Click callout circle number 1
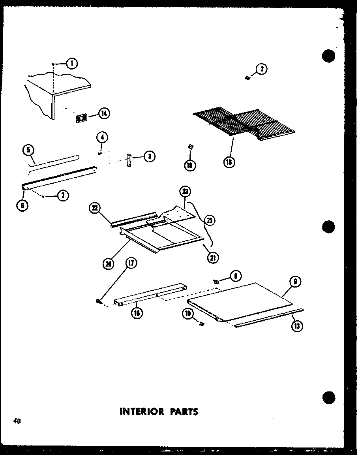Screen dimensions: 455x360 click(72, 63)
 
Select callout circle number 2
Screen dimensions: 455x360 click(261, 70)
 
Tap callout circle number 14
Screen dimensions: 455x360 click(104, 114)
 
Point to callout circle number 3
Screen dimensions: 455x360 click(149, 157)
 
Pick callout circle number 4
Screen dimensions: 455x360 click(101, 138)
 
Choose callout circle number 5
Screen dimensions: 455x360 click(28, 150)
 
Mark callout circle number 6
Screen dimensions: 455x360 click(23, 205)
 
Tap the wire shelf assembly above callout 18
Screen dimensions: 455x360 click(245, 122)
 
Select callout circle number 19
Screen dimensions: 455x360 click(190, 165)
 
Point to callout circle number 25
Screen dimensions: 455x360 click(210, 220)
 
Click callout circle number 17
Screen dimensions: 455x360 click(130, 263)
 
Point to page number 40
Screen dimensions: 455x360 click(16, 421)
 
